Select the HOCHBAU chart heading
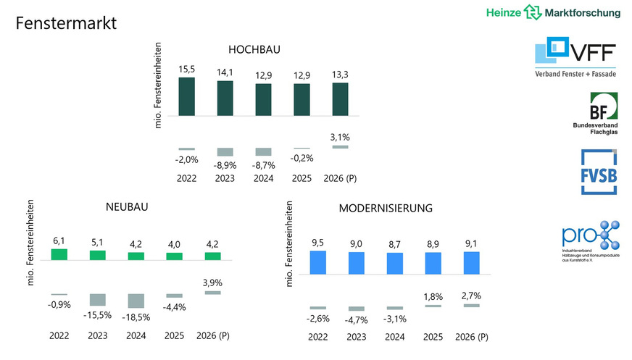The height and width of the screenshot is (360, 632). pyautogui.click(x=254, y=50)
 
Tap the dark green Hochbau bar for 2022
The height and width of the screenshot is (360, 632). pyautogui.click(x=186, y=96)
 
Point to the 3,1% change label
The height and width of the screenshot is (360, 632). pyautogui.click(x=339, y=137)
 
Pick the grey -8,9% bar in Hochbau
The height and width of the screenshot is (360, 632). pyautogui.click(x=225, y=152)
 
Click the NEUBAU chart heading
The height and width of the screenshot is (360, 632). pyautogui.click(x=127, y=207)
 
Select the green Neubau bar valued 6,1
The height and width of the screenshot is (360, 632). pyautogui.click(x=59, y=254)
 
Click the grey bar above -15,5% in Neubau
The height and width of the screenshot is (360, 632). pyautogui.click(x=97, y=300)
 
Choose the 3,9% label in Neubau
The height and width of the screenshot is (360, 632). pyautogui.click(x=212, y=282)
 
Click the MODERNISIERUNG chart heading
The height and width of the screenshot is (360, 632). pyautogui.click(x=386, y=208)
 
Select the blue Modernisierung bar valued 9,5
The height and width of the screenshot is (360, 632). pyautogui.click(x=317, y=262)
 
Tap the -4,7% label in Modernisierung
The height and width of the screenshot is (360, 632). pyautogui.click(x=356, y=319)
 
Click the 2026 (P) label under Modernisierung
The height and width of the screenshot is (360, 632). pyautogui.click(x=471, y=337)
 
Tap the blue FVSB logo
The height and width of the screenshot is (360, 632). pyautogui.click(x=598, y=172)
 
